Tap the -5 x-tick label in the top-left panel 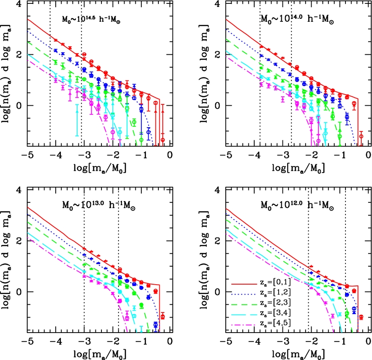coord(27,155)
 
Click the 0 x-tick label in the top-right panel coord(369,155)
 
